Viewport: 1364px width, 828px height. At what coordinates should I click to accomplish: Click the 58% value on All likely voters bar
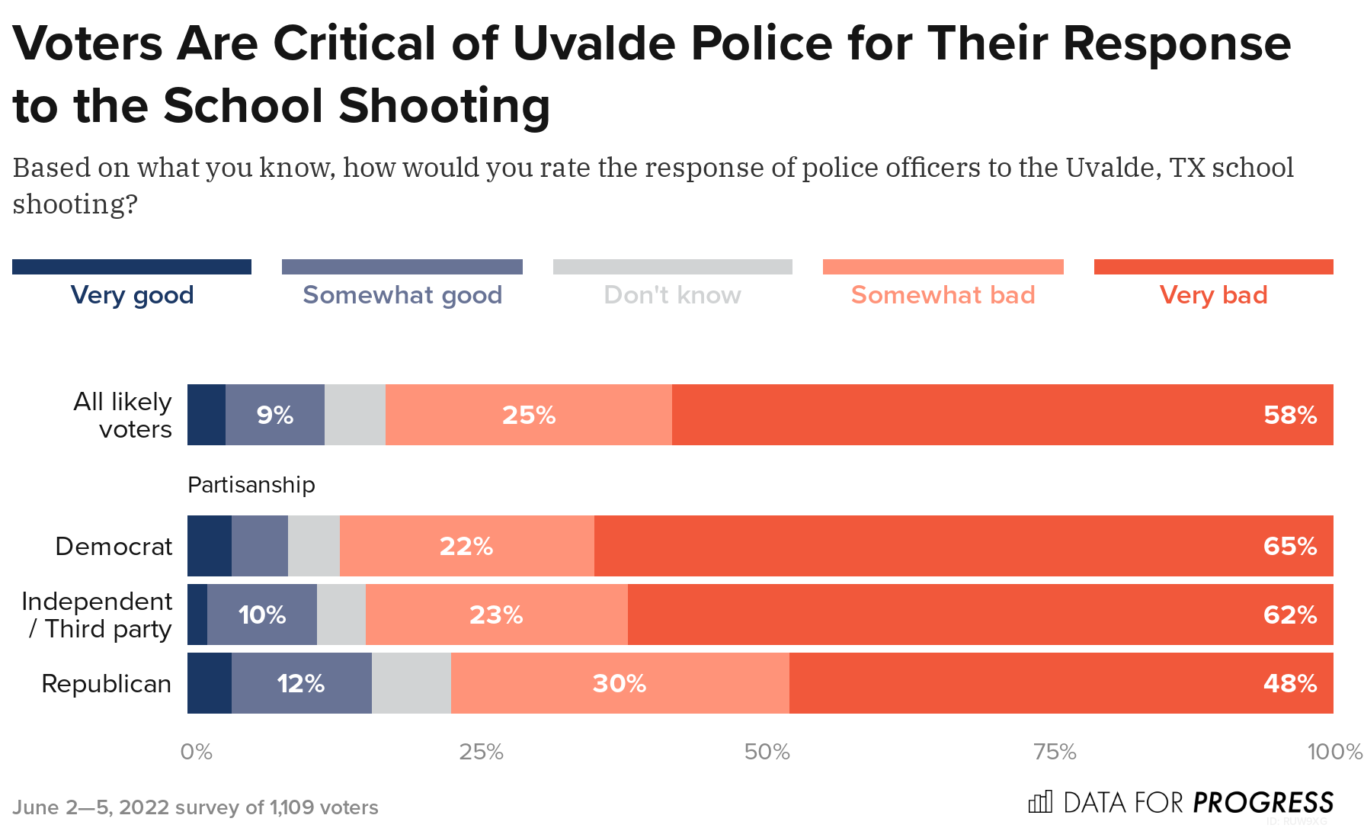click(1289, 415)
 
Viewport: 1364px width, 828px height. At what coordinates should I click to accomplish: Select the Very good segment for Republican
click(210, 683)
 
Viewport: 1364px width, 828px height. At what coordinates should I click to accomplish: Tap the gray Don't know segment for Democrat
click(313, 546)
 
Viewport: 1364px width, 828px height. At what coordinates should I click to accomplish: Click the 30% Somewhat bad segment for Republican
click(619, 683)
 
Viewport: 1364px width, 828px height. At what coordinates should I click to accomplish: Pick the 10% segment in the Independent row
click(261, 615)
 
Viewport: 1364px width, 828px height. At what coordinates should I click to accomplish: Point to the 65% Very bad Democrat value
click(1289, 546)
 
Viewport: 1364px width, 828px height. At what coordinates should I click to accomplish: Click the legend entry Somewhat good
click(402, 295)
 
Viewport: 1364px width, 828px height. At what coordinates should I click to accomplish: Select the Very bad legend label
click(1213, 295)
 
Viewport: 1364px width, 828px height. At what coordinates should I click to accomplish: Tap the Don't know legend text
click(672, 295)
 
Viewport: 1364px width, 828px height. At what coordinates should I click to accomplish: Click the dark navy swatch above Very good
click(132, 267)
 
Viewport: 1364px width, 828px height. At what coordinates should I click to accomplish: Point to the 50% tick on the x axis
click(767, 752)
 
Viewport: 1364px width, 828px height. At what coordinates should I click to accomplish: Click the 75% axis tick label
click(1055, 752)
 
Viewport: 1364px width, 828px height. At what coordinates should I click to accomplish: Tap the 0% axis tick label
click(196, 752)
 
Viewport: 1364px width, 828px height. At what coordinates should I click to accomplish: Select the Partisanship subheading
click(251, 485)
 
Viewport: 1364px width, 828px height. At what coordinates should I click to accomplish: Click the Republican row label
click(106, 684)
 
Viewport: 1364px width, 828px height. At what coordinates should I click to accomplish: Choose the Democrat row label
click(114, 547)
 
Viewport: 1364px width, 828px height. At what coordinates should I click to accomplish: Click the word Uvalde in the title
click(594, 43)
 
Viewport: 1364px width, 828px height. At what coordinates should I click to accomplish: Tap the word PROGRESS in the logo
click(1263, 802)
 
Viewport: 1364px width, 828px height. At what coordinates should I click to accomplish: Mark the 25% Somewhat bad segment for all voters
click(528, 415)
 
